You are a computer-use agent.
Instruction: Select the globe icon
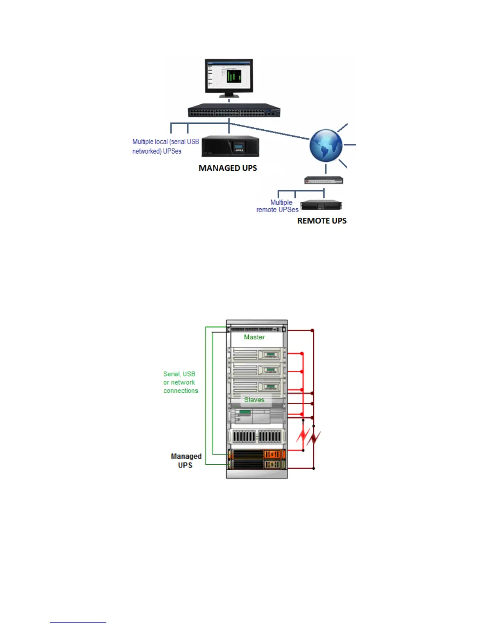326,145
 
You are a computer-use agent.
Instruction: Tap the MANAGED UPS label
228,168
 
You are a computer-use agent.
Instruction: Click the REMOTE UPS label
322,221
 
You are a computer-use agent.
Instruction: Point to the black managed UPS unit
230,147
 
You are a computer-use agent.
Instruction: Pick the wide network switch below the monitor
234,110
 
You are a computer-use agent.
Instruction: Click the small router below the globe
323,180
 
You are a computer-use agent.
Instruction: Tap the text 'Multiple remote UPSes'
278,206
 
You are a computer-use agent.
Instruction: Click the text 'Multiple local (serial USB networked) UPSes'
165,146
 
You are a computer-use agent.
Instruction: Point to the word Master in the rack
254,337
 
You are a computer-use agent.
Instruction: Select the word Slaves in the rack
254,400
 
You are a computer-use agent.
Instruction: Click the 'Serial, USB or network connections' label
180,382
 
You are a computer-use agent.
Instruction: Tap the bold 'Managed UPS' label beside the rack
186,461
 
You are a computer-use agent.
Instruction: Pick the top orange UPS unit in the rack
257,454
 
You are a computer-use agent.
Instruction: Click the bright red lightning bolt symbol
303,436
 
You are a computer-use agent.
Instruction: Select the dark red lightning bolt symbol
315,438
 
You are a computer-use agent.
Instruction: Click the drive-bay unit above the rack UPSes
257,436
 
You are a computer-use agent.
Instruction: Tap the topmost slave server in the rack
257,354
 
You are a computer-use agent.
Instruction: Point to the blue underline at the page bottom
78,622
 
